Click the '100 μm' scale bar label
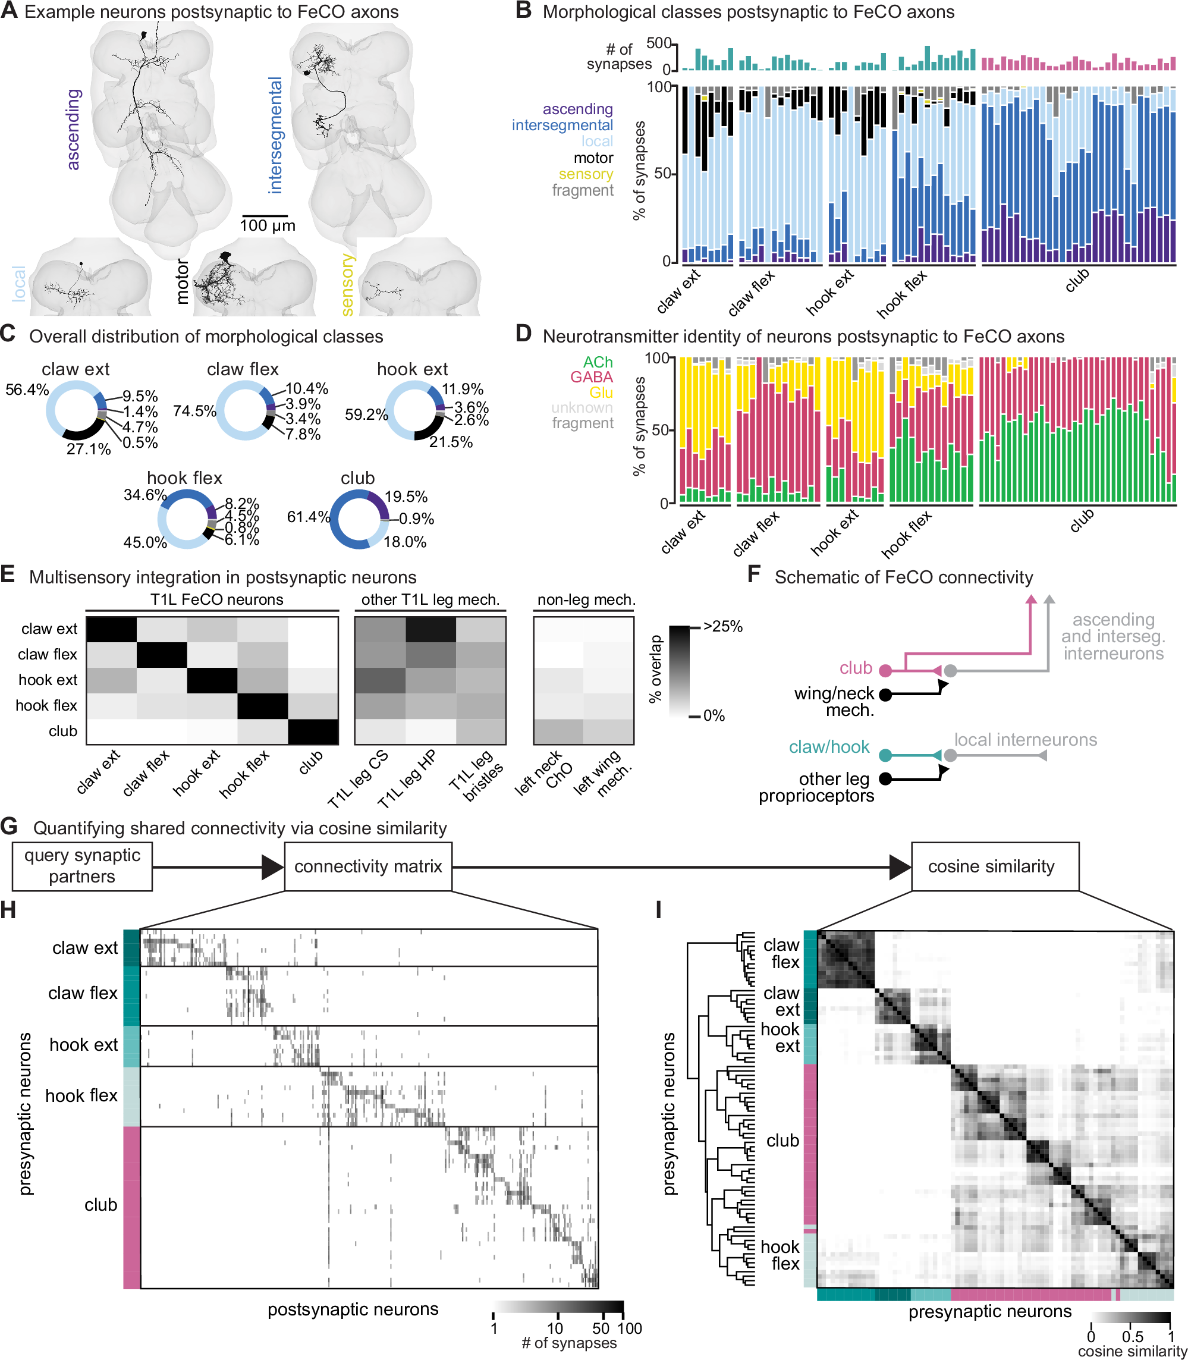click(267, 225)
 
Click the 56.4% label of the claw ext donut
click(27, 390)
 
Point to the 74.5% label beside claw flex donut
click(194, 411)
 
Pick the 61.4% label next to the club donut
click(308, 517)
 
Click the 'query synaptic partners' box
click(82, 866)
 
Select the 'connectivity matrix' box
click(368, 866)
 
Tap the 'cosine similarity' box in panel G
click(991, 866)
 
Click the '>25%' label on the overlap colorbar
click(722, 627)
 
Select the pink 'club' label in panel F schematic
click(855, 668)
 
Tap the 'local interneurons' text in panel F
click(1025, 739)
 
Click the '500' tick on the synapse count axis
click(658, 44)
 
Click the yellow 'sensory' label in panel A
click(347, 284)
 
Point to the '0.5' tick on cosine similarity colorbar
click(1132, 1337)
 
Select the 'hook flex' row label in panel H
click(81, 1095)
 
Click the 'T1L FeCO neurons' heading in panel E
click(217, 599)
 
